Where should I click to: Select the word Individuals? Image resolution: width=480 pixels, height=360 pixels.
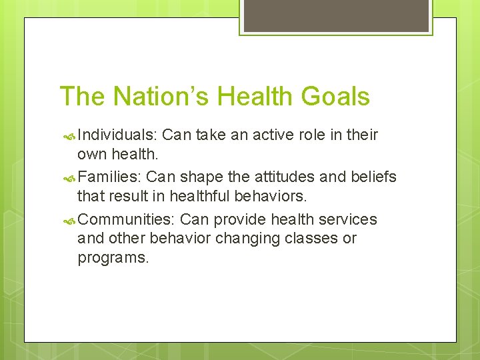(x=117, y=135)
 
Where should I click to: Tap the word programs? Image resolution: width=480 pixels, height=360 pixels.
(x=113, y=258)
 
